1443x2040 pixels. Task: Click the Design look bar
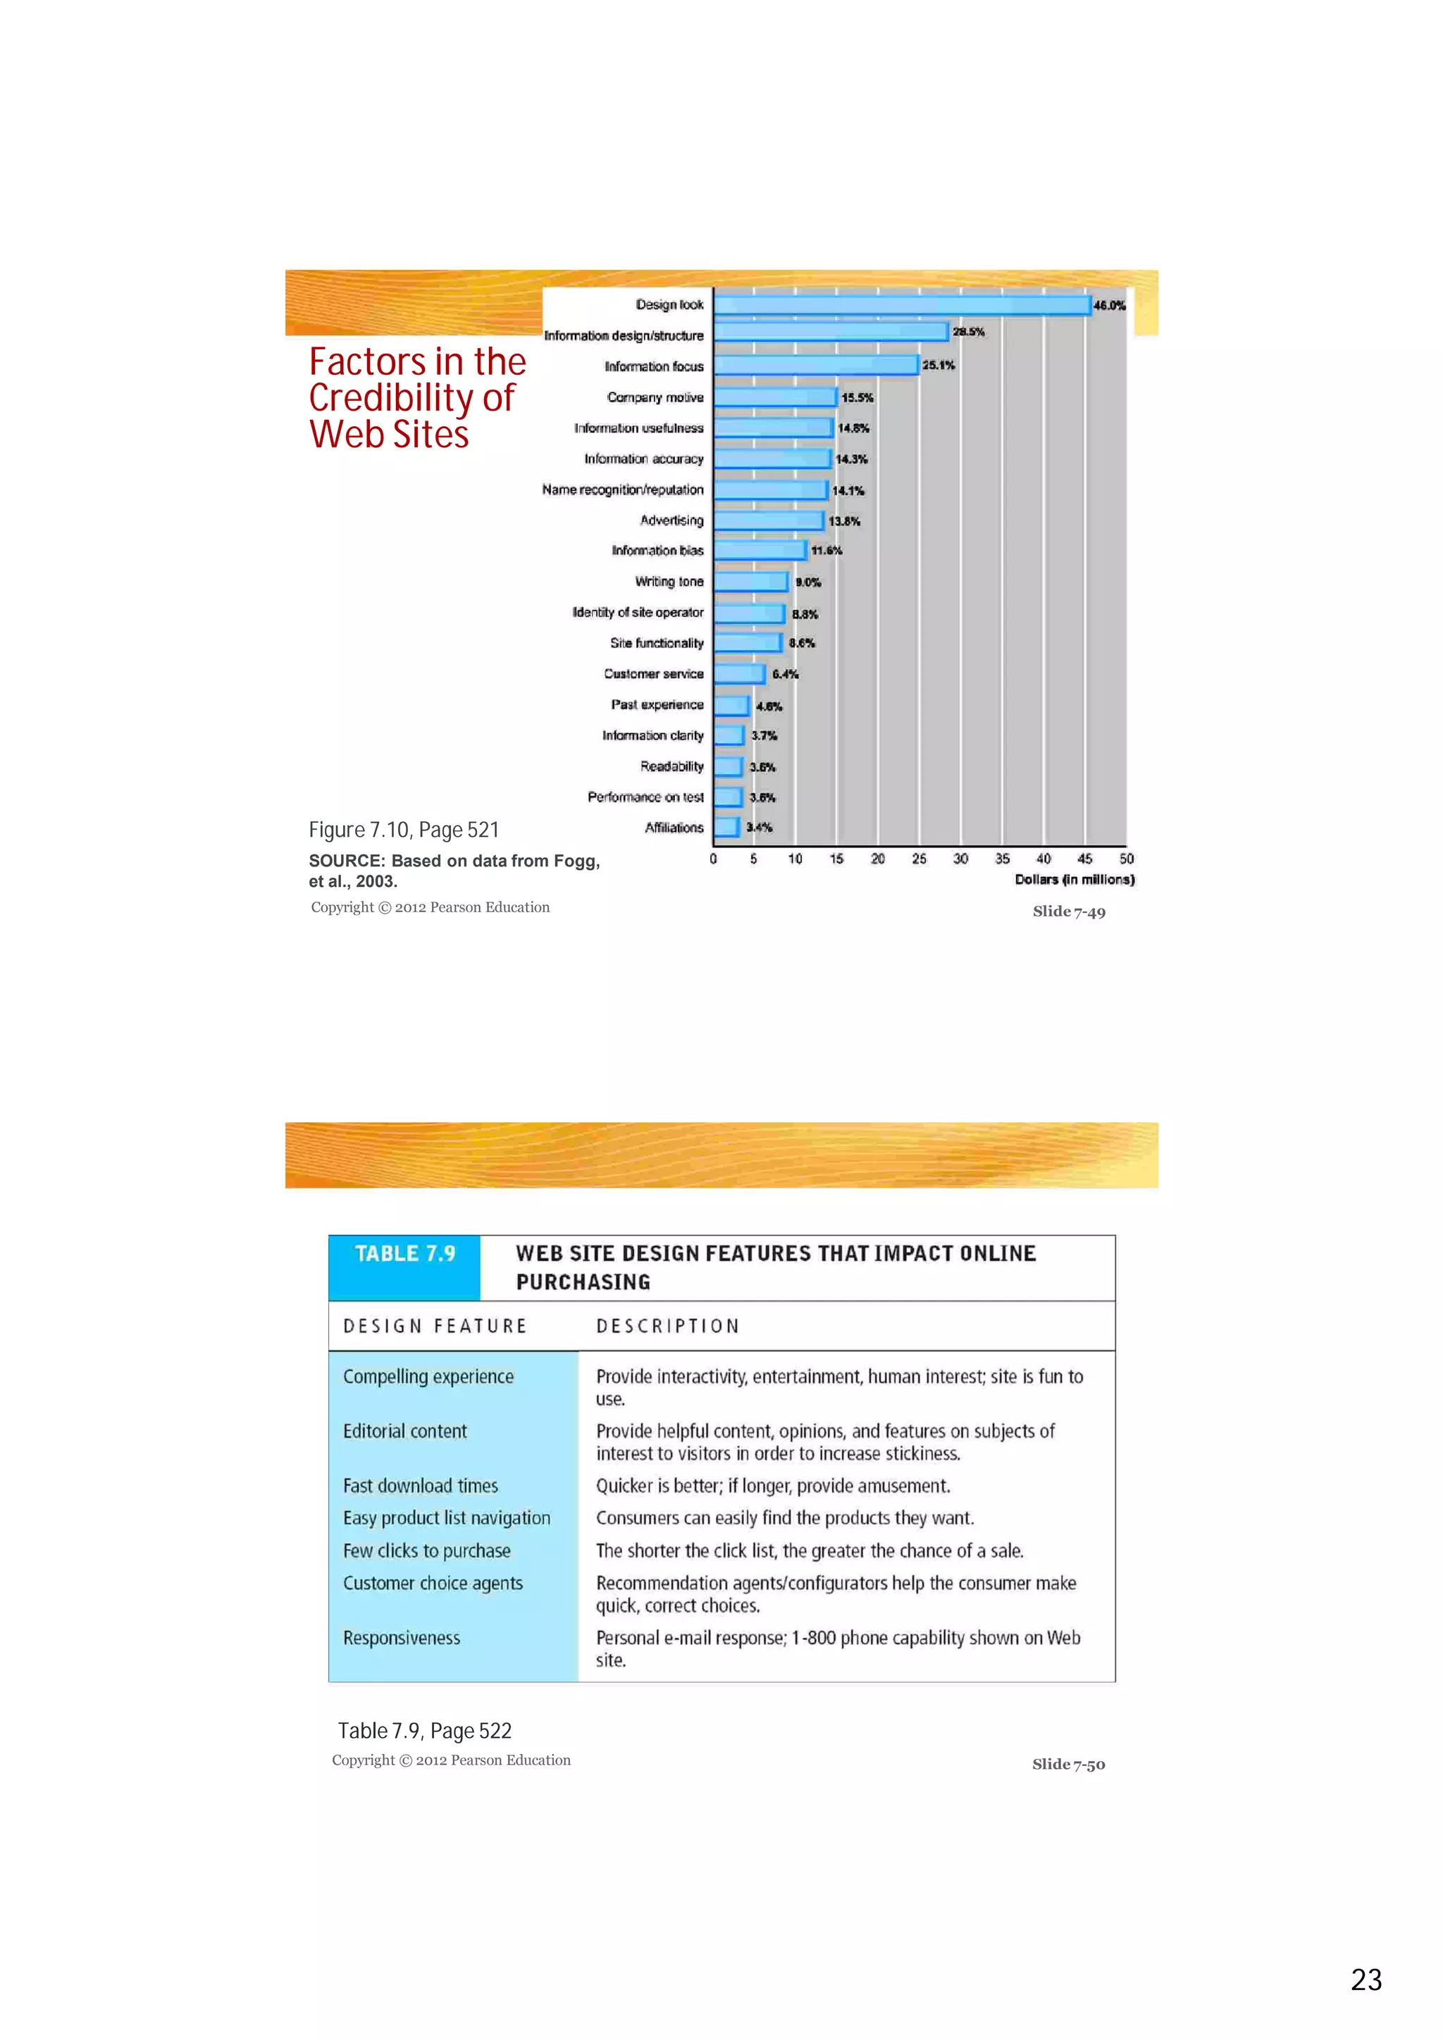tap(902, 305)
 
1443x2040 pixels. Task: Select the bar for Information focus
tap(816, 365)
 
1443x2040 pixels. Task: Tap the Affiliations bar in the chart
tap(726, 827)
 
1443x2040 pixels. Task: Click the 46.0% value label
tap(1109, 305)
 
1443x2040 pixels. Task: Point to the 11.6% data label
tap(826, 551)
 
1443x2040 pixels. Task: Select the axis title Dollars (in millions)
tap(1074, 880)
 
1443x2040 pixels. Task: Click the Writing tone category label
tap(669, 581)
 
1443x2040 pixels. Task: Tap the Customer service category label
tap(653, 673)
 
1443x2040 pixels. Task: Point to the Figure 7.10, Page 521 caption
tap(404, 830)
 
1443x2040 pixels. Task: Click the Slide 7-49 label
tap(1069, 912)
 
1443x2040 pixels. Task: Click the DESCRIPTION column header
tap(667, 1326)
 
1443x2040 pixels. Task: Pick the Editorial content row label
tap(404, 1431)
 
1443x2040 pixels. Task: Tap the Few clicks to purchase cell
tap(426, 1550)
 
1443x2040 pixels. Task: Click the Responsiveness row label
tap(402, 1638)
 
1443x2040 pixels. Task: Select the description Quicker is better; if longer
tap(772, 1486)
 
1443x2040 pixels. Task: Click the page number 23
tap(1365, 1979)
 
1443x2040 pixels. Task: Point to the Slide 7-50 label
tap(1068, 1765)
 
